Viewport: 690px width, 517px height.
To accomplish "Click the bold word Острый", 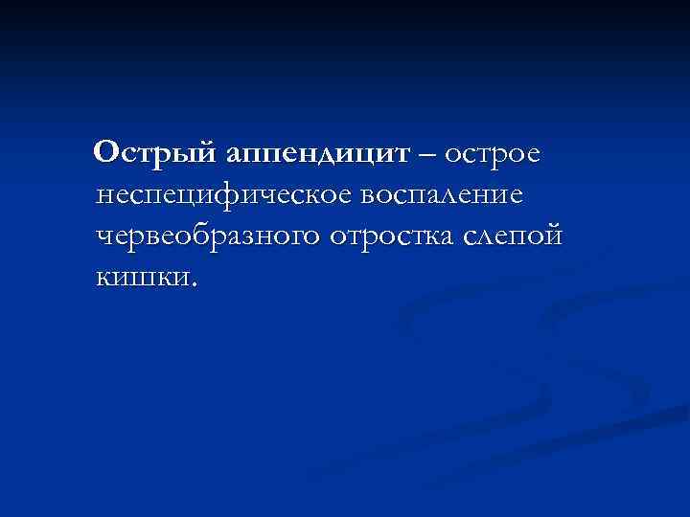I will (x=157, y=154).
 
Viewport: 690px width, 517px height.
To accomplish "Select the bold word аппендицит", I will (x=318, y=154).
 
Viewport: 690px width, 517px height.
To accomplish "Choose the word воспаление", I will (x=442, y=195).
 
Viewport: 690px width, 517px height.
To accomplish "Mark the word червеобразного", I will (x=208, y=236).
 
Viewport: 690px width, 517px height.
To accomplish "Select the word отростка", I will (x=398, y=236).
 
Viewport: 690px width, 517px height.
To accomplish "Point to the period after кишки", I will (x=196, y=283).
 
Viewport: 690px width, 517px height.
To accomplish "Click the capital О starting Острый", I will (x=108, y=153).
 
